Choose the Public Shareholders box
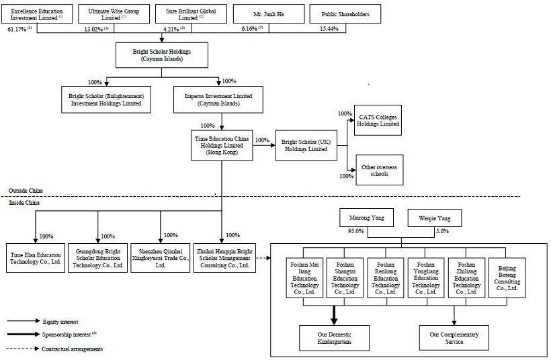(x=345, y=14)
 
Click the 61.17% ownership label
(x=17, y=29)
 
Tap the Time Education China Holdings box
(x=221, y=145)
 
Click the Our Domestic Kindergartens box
(x=335, y=338)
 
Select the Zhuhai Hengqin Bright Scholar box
(x=226, y=257)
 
